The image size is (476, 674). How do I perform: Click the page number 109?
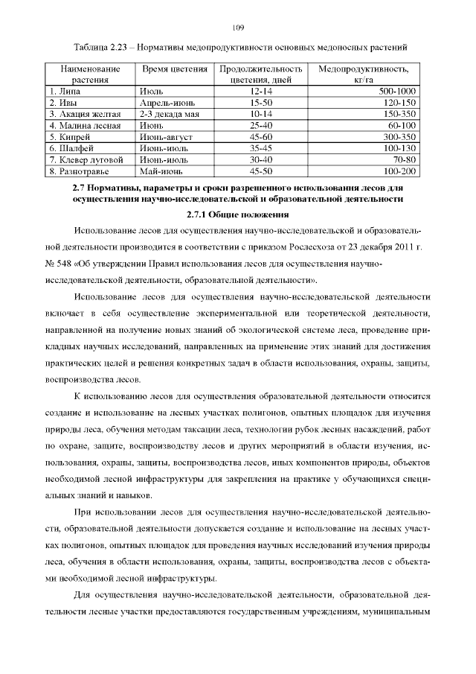click(238, 28)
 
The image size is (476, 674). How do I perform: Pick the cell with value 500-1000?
click(397, 91)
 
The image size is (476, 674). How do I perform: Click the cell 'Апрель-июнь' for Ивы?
click(165, 102)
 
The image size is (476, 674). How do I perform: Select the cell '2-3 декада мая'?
click(170, 114)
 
